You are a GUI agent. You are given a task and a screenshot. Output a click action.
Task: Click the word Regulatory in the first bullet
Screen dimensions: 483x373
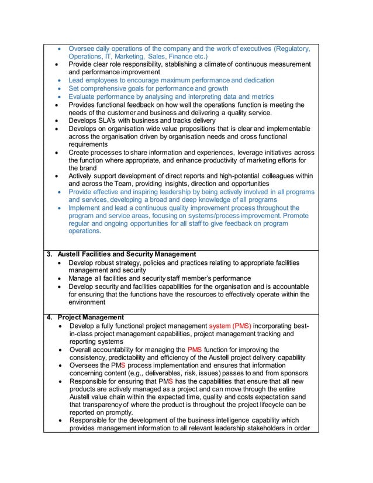click(x=292, y=49)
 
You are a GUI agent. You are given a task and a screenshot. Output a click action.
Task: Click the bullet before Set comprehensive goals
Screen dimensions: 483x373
click(x=59, y=88)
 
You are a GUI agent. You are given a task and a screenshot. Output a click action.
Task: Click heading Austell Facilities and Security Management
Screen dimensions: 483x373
click(x=126, y=254)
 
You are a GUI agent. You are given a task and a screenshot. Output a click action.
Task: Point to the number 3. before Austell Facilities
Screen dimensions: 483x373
click(x=50, y=254)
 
